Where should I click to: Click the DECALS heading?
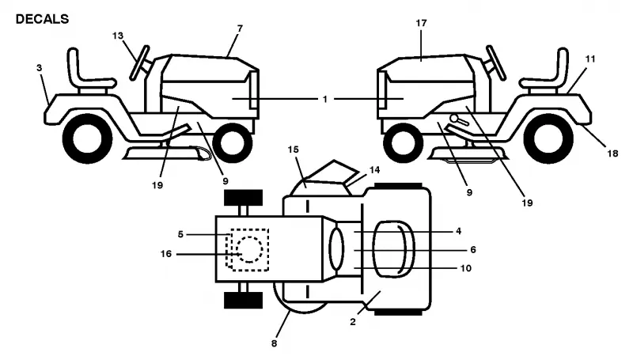click(x=42, y=19)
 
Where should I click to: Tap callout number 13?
click(x=117, y=36)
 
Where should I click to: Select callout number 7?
click(x=241, y=28)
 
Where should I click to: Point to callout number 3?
click(x=39, y=68)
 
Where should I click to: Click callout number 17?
click(x=421, y=24)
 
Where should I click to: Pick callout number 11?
click(x=590, y=59)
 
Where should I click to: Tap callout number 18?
click(x=612, y=153)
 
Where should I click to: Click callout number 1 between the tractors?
click(x=325, y=99)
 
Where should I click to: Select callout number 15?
click(x=293, y=150)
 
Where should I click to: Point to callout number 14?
click(x=374, y=170)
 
